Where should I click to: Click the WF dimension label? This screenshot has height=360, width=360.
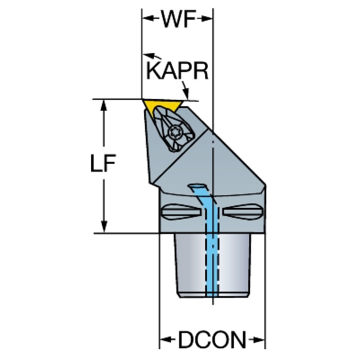(x=179, y=19)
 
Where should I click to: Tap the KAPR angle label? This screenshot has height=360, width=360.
(x=177, y=70)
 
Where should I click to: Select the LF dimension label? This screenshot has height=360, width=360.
(x=103, y=163)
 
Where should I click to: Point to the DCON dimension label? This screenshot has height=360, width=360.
(x=212, y=339)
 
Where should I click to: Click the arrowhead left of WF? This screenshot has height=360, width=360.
(x=148, y=18)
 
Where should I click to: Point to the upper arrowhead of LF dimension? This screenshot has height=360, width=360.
(x=104, y=106)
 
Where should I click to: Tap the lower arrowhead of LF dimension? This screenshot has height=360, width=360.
(x=104, y=227)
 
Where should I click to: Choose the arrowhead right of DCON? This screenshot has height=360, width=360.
(x=259, y=339)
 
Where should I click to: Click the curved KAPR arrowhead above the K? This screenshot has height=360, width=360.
(x=148, y=55)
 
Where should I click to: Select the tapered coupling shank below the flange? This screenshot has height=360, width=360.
(x=212, y=266)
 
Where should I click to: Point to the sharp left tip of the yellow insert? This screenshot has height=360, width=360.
(x=142, y=100)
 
